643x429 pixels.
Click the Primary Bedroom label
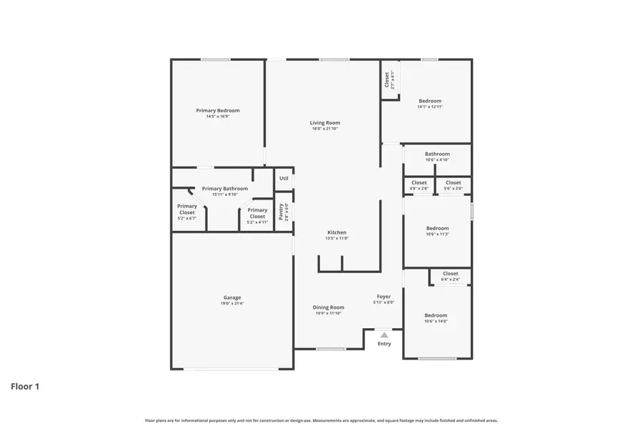218,111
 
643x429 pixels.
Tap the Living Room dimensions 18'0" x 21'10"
324,129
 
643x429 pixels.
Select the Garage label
232,297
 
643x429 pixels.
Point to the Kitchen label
337,232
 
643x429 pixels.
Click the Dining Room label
329,307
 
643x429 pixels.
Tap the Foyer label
384,296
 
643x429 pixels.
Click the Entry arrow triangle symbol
384,335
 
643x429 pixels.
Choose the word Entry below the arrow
384,344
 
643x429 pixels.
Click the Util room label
284,178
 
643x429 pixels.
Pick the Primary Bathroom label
225,189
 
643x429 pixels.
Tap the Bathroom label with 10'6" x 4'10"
437,154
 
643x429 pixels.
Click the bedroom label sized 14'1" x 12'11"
430,101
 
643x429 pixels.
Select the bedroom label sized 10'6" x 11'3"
437,228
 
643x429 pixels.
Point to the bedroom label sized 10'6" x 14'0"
436,315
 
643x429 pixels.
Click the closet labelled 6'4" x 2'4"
450,274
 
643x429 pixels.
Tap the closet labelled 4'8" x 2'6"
419,183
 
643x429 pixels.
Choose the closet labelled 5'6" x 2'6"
453,183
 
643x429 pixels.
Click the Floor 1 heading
25,387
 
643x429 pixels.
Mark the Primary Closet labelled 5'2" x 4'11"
257,213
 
